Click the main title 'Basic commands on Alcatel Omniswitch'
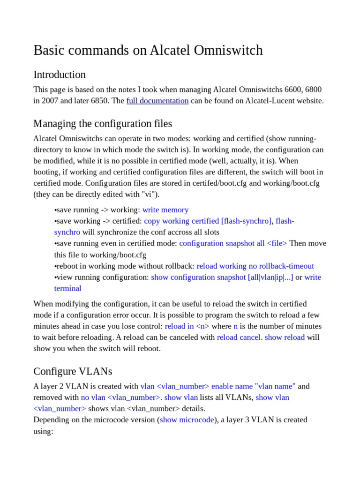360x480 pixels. pos(148,51)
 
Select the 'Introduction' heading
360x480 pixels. pos(60,75)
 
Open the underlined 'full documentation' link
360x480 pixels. pos(157,101)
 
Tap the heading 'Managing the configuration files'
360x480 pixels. pos(103,124)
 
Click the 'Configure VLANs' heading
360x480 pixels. pos(73,371)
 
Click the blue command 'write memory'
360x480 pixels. pos(165,210)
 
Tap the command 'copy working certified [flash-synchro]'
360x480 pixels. pos(208,221)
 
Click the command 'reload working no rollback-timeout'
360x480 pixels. pos(255,266)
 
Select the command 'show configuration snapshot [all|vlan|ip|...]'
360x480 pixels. pos(222,277)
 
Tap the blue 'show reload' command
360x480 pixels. pos(285,337)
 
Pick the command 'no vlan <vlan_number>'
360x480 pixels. pos(120,397)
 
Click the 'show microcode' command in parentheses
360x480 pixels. pos(187,420)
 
